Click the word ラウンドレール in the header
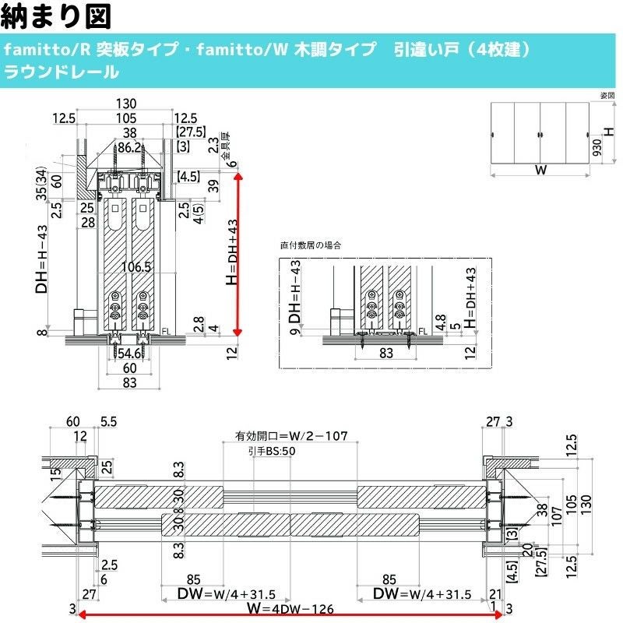click(62, 72)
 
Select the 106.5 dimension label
click(136, 267)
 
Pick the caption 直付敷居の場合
click(311, 245)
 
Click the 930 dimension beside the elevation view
click(596, 153)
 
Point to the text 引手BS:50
click(271, 451)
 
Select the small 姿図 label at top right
click(607, 95)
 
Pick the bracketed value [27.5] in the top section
click(191, 131)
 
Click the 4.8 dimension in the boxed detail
click(441, 319)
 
